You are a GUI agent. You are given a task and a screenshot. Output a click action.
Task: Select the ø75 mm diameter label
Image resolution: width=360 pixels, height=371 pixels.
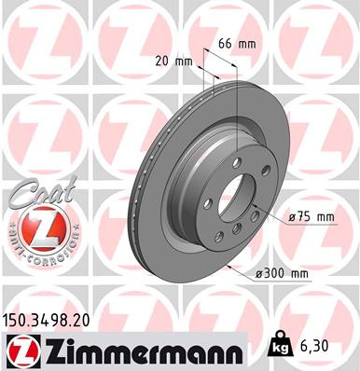[312, 217]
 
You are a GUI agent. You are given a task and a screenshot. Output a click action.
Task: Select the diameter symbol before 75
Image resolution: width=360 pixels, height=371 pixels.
[292, 217]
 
